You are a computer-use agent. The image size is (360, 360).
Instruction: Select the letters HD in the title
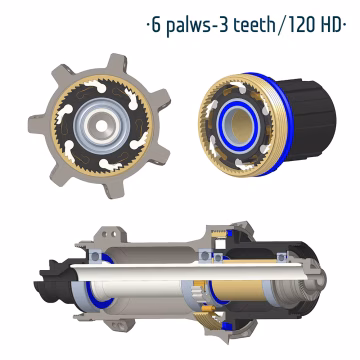click(x=331, y=25)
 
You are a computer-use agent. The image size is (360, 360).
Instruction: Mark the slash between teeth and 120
click(x=276, y=26)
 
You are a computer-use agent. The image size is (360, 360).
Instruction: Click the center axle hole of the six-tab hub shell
click(x=102, y=126)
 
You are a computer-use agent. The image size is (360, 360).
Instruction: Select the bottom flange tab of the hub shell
click(x=113, y=188)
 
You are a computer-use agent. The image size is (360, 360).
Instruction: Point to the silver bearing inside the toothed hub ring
click(x=102, y=126)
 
